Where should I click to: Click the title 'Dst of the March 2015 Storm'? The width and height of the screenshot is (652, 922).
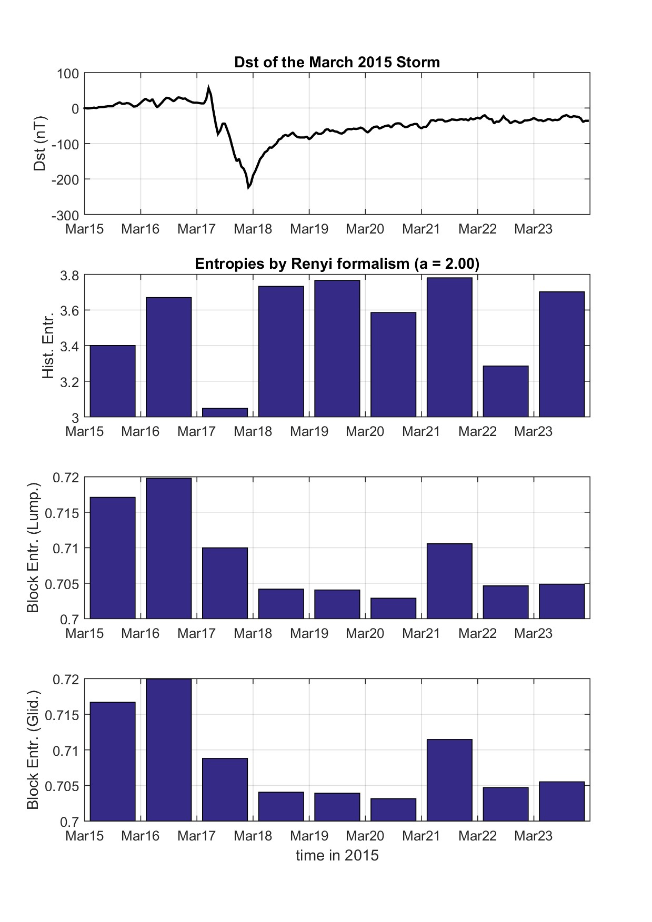[x=337, y=62]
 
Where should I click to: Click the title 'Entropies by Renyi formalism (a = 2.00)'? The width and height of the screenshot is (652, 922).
[x=337, y=264]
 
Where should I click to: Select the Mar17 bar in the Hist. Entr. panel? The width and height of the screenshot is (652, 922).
[x=225, y=412]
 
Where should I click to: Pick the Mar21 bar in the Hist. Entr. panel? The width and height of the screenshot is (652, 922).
[x=449, y=347]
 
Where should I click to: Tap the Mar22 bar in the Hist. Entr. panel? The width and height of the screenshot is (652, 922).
[x=506, y=391]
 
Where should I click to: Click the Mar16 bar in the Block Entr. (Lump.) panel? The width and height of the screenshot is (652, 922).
[x=168, y=548]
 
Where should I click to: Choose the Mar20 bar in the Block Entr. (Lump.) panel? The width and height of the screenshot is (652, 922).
[x=393, y=609]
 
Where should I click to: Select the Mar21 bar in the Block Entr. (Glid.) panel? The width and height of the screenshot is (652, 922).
[x=449, y=780]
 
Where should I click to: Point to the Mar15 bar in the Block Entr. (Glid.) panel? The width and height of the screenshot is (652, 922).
[x=113, y=762]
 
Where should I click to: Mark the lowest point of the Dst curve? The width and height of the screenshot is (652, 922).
[x=248, y=187]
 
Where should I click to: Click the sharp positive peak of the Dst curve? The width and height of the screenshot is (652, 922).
[x=208, y=88]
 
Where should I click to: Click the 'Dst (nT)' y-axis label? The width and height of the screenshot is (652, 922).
[x=40, y=144]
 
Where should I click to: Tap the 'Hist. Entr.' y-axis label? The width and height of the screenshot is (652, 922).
[x=48, y=346]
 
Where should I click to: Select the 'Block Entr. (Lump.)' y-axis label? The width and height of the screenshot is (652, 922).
[x=33, y=548]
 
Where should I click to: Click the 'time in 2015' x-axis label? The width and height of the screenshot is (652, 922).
[x=337, y=855]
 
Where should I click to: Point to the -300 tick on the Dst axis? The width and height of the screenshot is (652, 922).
[x=65, y=215]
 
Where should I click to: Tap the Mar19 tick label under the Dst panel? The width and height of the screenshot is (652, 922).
[x=309, y=229]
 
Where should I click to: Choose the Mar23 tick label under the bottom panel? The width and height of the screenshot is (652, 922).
[x=533, y=836]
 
